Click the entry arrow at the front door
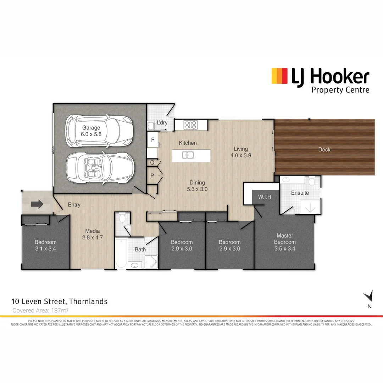37,204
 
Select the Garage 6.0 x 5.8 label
91,131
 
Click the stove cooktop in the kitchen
191,124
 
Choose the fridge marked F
153,140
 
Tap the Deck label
324,150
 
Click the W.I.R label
265,197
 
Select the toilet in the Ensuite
312,182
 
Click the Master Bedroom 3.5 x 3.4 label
285,242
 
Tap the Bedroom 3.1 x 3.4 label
45,245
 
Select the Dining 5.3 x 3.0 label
197,186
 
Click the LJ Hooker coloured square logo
279,76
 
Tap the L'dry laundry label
162,123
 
